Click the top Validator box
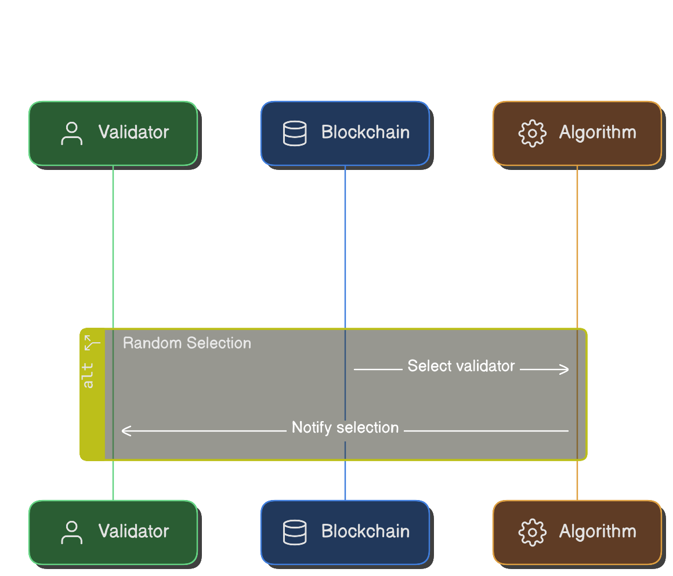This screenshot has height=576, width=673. click(x=113, y=133)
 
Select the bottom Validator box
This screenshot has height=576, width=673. click(x=113, y=532)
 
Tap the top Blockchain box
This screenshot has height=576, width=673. click(x=345, y=133)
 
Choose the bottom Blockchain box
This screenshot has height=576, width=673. click(x=345, y=532)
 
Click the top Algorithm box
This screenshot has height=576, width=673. click(x=577, y=133)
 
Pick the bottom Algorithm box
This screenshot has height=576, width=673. click(x=577, y=532)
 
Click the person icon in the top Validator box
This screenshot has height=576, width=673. click(x=71, y=133)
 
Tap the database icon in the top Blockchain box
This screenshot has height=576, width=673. click(x=294, y=133)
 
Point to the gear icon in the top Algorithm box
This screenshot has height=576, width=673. click(x=532, y=133)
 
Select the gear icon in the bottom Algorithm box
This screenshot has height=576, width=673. click(x=532, y=532)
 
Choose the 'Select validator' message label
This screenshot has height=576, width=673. click(x=461, y=366)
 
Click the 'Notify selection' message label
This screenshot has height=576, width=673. click(x=345, y=428)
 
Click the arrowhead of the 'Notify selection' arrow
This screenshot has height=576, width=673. click(x=125, y=431)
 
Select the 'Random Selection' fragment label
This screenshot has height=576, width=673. click(x=187, y=343)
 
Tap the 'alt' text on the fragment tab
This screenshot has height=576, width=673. click(x=89, y=375)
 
